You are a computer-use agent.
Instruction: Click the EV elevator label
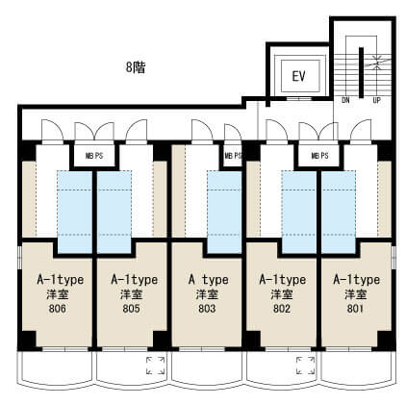click(298, 76)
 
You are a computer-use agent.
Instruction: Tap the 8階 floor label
click(136, 67)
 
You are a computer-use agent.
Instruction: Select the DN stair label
click(345, 100)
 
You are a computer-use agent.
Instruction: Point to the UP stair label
click(377, 100)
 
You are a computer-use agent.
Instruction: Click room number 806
click(58, 309)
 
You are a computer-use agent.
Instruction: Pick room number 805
click(131, 309)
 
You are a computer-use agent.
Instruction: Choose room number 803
click(207, 309)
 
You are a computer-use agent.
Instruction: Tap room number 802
click(282, 309)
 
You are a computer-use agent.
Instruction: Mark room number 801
click(355, 309)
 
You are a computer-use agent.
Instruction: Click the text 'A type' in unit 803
click(209, 280)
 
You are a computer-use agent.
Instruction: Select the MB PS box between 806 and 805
click(94, 156)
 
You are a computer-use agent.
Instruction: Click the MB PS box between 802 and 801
click(319, 156)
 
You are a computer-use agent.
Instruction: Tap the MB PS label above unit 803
click(233, 156)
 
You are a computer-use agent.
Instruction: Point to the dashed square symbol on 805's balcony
click(156, 366)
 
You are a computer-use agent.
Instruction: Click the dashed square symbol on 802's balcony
click(305, 366)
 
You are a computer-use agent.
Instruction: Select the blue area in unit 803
click(224, 212)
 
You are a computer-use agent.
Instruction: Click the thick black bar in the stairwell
click(361, 72)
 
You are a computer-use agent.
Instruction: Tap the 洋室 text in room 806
click(58, 294)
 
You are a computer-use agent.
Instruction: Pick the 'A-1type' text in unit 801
click(356, 280)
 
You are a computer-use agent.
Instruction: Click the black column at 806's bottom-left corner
click(27, 341)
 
